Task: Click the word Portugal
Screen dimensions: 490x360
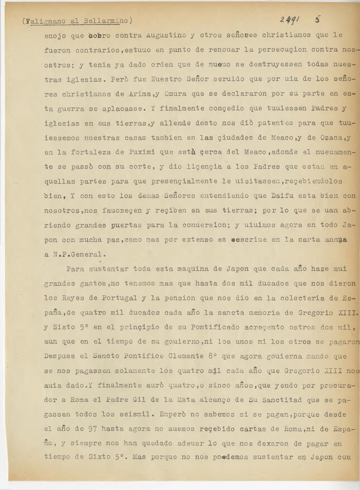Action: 120,298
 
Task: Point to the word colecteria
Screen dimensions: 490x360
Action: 312,298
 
